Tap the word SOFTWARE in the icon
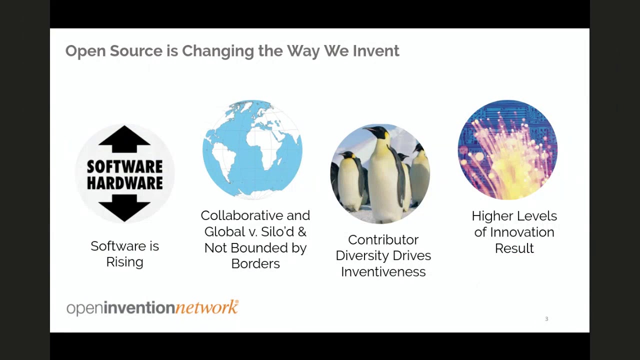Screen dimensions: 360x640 [124, 166]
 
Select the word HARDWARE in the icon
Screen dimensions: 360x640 [124, 183]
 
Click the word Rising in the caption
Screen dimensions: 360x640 [124, 262]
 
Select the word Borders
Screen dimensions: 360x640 [255, 263]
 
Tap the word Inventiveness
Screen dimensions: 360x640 [383, 271]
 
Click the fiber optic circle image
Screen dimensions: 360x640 [507, 149]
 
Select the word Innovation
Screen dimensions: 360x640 [522, 232]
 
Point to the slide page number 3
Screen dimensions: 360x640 [546, 319]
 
